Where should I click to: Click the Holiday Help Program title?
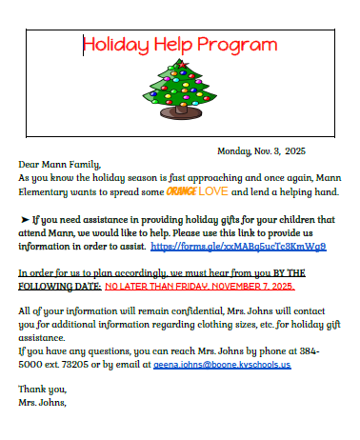(180, 45)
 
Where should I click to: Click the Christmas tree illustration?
(178, 84)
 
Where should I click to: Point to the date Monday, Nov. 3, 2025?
(262, 150)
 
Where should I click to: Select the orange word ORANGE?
(181, 191)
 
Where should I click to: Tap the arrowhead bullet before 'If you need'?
(25, 219)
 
